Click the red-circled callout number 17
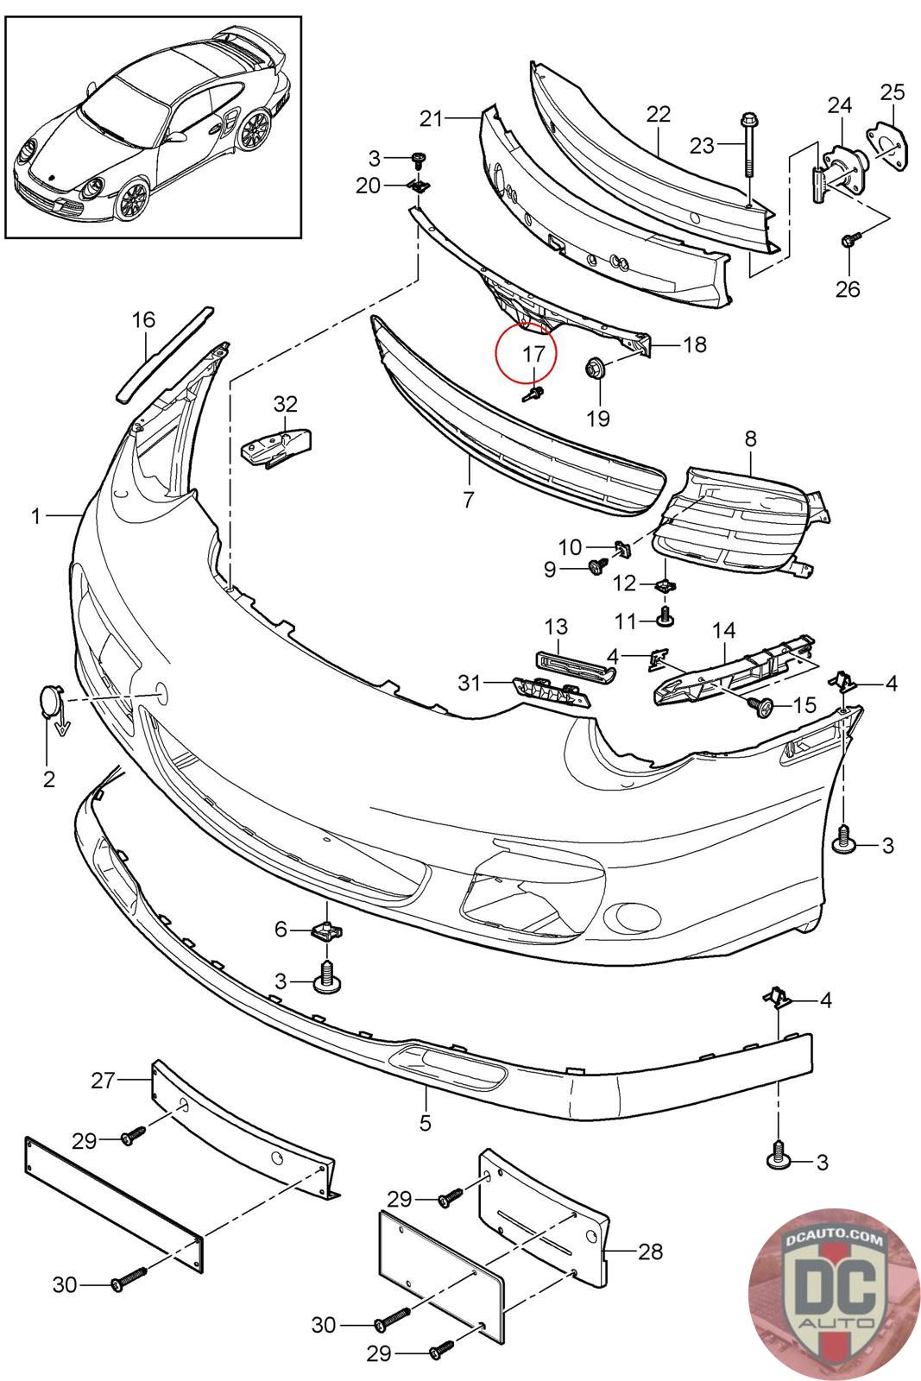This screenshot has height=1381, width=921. click(x=533, y=354)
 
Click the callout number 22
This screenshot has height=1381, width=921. click(x=659, y=114)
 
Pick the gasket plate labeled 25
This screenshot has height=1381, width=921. click(x=888, y=146)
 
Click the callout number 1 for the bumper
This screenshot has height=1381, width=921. click(x=35, y=515)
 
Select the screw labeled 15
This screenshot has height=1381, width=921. click(x=762, y=707)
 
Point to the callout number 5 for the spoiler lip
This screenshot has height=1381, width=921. click(x=425, y=1123)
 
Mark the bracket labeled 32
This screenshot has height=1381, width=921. click(x=275, y=447)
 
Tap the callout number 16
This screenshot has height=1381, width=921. click(x=143, y=320)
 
